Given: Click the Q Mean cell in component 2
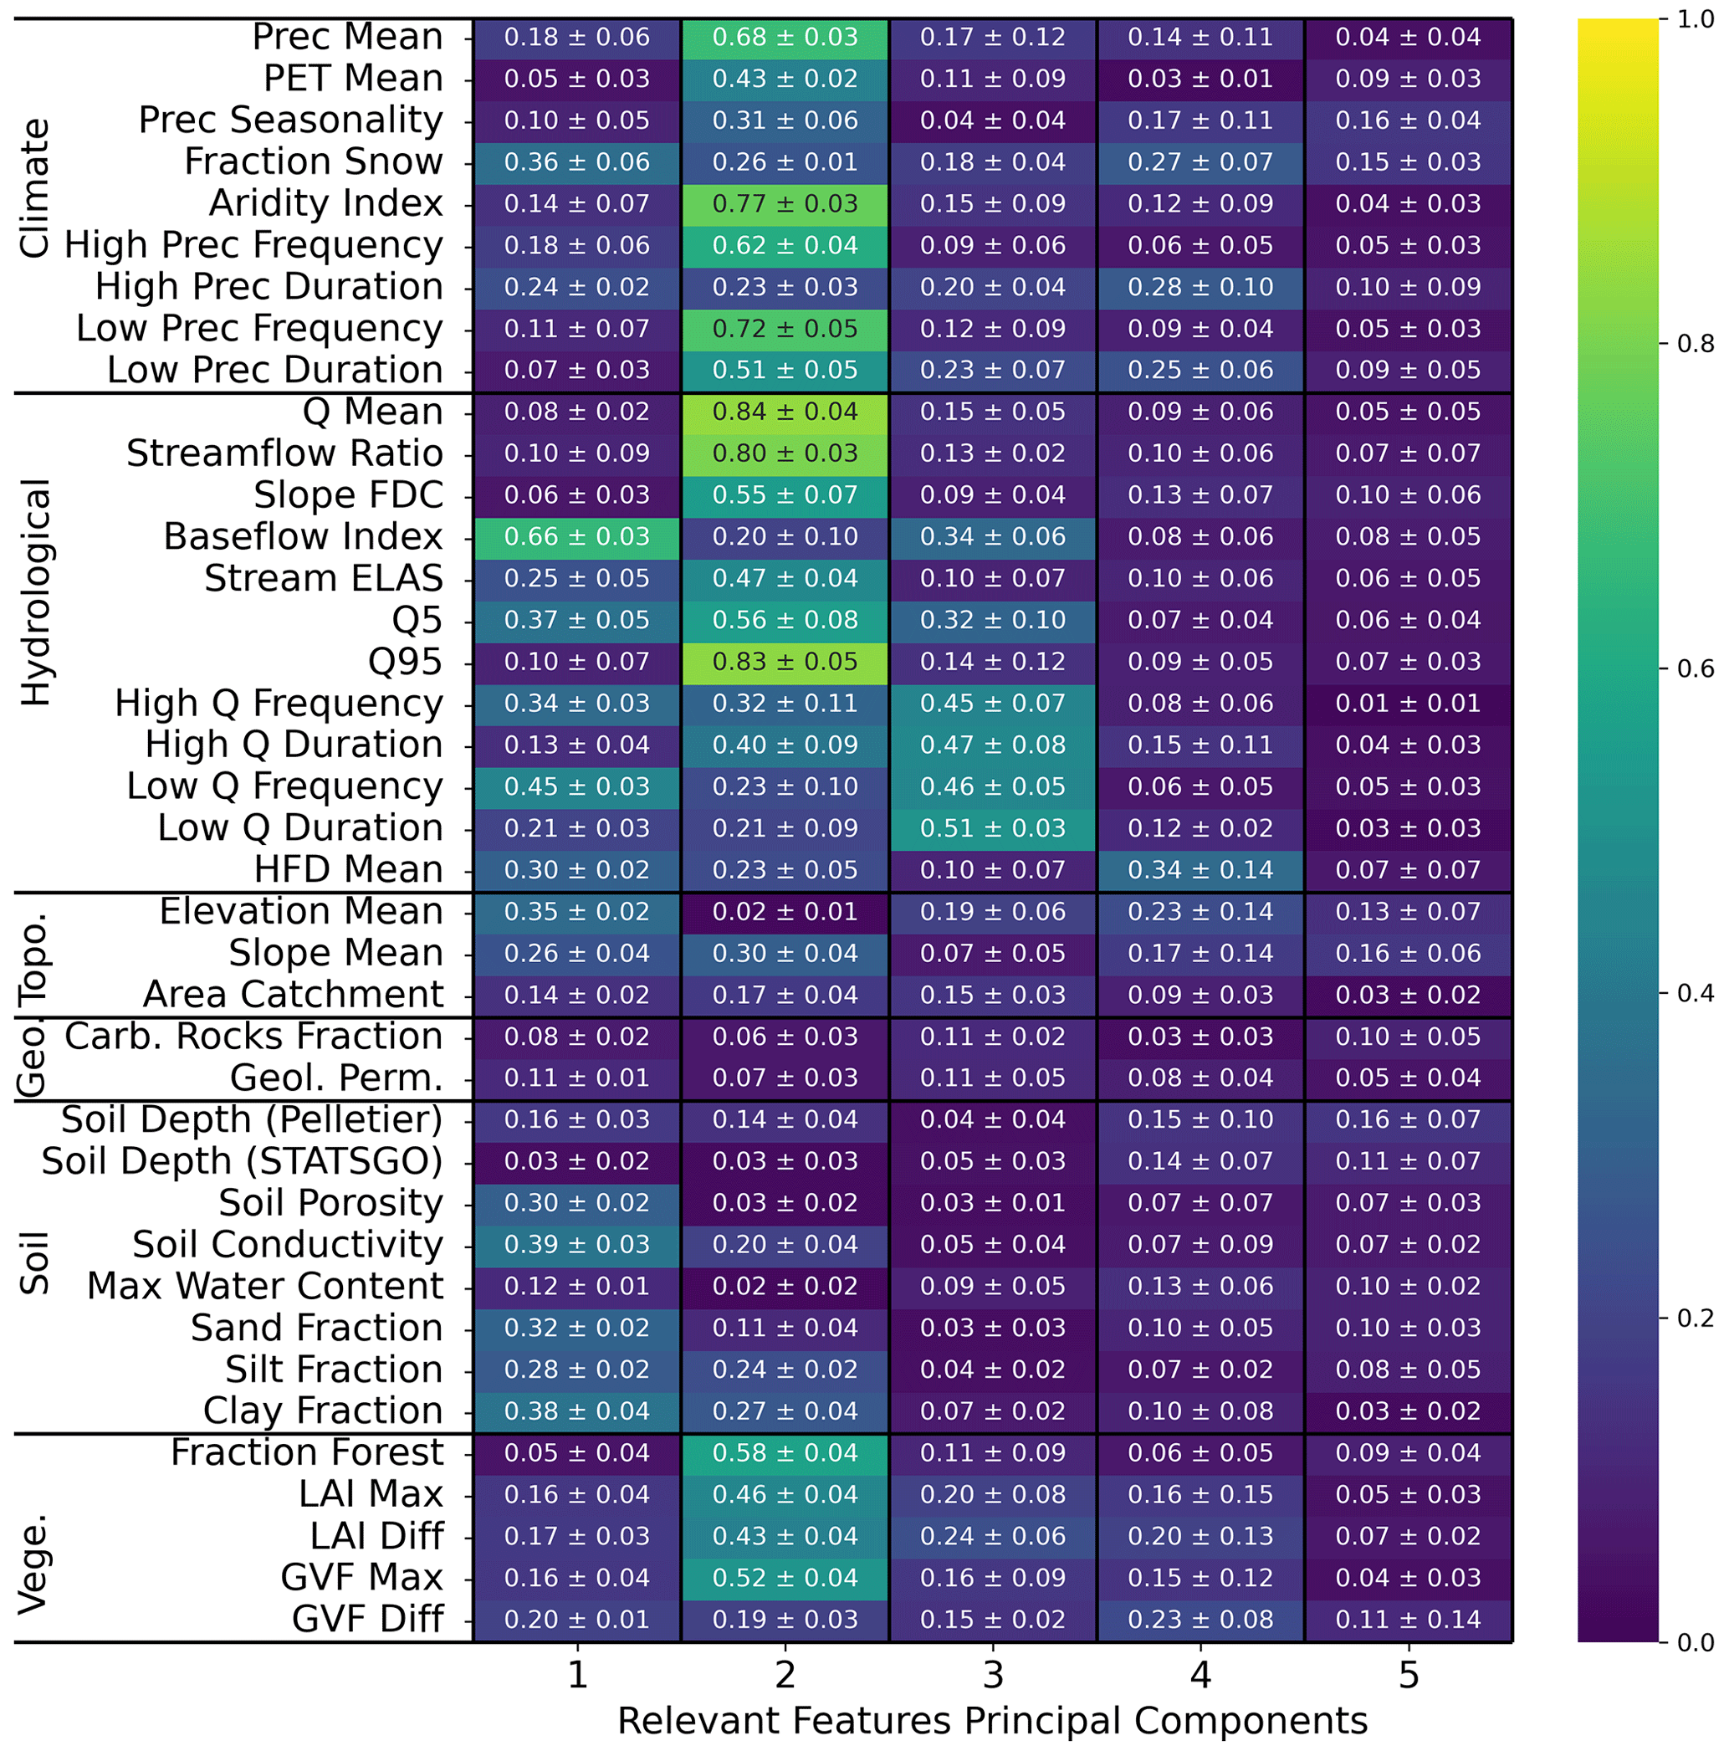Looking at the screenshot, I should (x=784, y=412).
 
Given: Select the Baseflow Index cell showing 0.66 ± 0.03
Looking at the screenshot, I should (x=576, y=537).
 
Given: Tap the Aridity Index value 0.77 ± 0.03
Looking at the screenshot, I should (x=784, y=204).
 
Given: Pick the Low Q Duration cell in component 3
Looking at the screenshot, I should (x=992, y=828).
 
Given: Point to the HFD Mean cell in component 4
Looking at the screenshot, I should (x=1200, y=870).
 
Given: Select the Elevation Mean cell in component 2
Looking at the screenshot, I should (x=784, y=912).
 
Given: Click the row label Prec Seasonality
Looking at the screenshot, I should (x=290, y=120).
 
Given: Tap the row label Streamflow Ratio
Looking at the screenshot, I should (x=284, y=454).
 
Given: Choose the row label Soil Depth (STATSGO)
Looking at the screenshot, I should (x=242, y=1162).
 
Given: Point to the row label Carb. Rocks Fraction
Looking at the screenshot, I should (x=253, y=1037).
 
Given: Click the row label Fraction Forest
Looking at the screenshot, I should (x=307, y=1453).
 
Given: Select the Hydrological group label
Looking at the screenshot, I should (x=36, y=592).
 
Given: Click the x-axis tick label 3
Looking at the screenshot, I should (x=992, y=1675).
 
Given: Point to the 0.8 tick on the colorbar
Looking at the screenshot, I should (x=1695, y=345).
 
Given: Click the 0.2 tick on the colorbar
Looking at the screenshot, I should (x=1695, y=1318).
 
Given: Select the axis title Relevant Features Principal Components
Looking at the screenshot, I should (x=992, y=1720).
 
